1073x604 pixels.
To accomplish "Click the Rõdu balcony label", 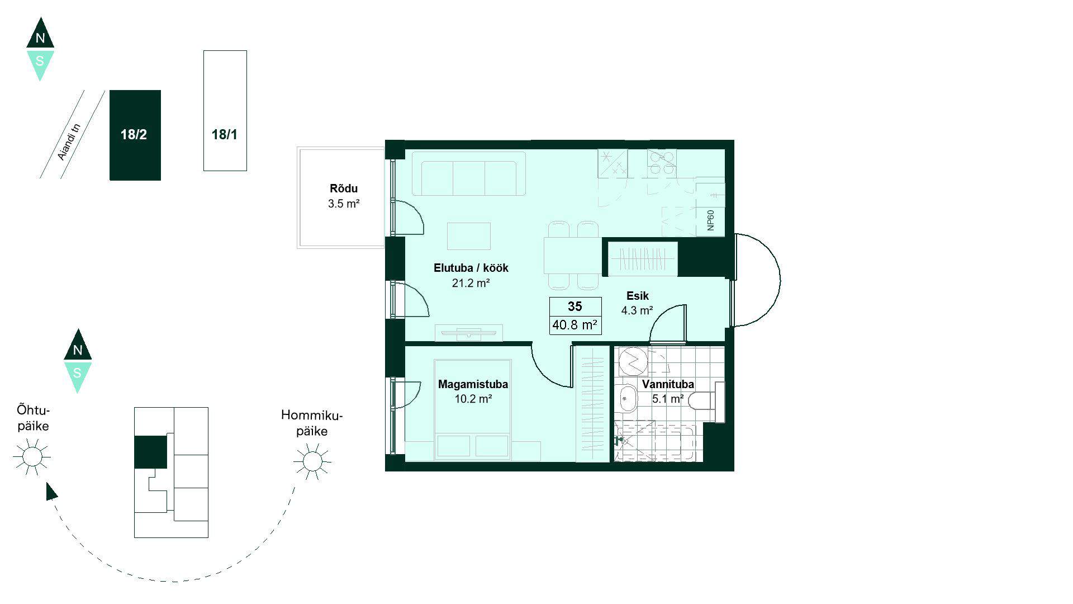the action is [344, 188].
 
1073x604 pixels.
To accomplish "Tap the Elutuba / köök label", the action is [471, 268].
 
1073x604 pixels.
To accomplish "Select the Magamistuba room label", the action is [473, 384].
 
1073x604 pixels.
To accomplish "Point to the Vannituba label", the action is [668, 384].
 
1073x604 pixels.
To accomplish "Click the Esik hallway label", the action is [637, 296].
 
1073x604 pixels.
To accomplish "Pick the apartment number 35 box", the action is [575, 306].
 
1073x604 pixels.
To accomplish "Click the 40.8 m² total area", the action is [575, 325].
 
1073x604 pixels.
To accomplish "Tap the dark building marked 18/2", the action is [135, 135].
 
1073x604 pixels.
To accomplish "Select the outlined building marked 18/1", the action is [225, 111].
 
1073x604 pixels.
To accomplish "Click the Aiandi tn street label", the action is [70, 141].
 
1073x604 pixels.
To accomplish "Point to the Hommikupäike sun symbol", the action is [312, 461].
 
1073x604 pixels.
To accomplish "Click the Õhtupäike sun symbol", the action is [32, 457].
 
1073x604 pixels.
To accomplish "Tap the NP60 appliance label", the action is [710, 220].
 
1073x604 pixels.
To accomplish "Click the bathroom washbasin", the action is [628, 398].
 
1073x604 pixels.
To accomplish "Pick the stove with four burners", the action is [662, 163].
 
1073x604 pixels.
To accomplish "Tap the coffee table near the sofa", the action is [469, 236].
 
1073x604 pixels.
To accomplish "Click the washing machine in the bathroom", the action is [633, 362].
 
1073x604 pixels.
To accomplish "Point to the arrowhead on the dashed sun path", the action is [51, 492].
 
